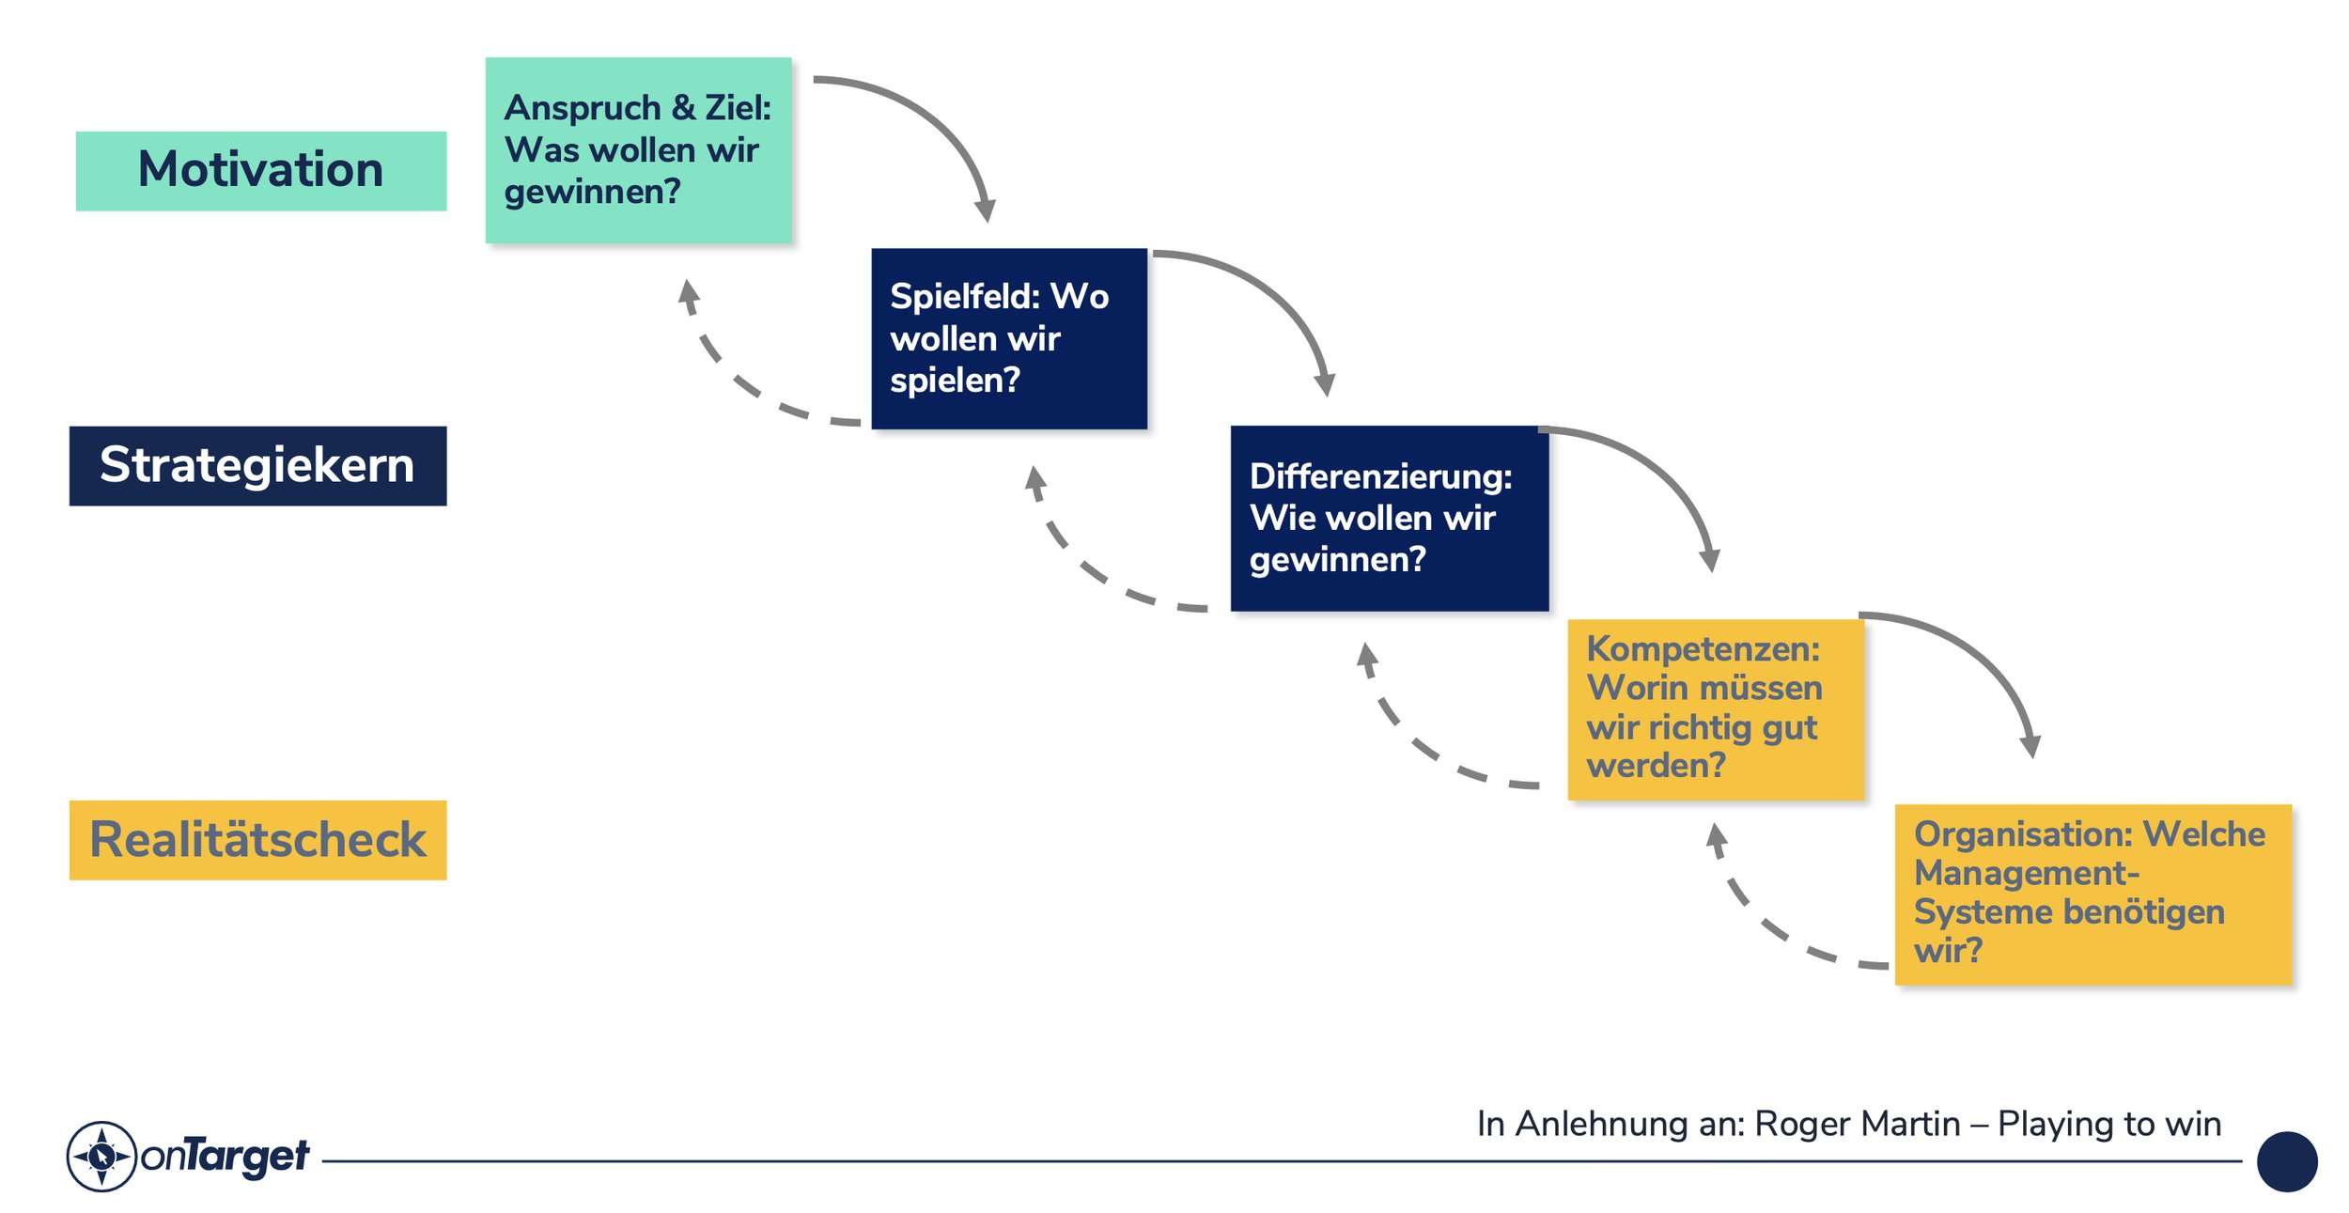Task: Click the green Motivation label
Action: tap(260, 171)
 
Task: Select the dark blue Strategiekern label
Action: tap(257, 466)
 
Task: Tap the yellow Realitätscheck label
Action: tap(257, 840)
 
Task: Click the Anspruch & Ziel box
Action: tap(638, 150)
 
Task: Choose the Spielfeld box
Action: tap(1008, 338)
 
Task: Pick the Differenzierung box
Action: tap(1389, 519)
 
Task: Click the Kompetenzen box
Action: tap(1715, 709)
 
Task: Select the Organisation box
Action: tap(2092, 894)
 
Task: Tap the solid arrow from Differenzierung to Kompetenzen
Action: tap(1663, 470)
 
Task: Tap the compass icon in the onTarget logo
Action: tap(101, 1156)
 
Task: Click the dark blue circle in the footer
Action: tap(2286, 1161)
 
